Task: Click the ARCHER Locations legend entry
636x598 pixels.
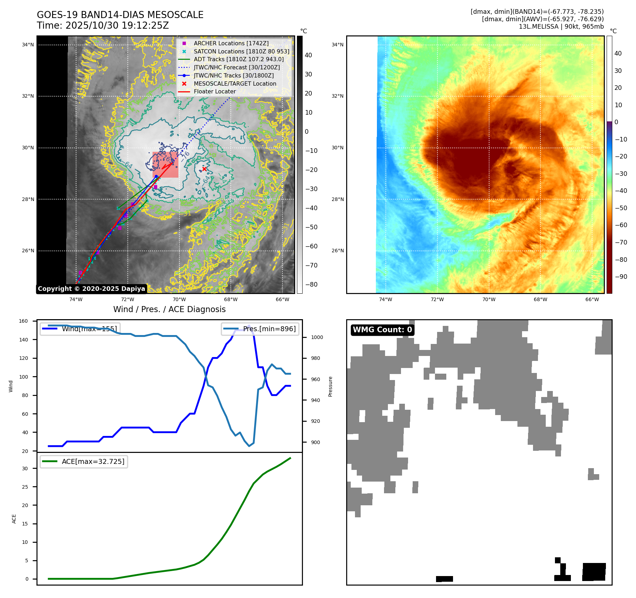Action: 231,43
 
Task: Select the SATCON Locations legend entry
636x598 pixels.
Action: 241,51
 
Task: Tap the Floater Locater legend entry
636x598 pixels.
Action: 214,91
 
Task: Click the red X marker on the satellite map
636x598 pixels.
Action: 204,169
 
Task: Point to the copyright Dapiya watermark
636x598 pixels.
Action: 91,289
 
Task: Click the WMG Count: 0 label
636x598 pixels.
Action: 382,330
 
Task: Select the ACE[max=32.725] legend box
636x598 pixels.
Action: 84,461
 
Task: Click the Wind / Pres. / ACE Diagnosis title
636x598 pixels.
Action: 169,309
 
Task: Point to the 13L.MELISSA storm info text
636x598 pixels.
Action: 561,27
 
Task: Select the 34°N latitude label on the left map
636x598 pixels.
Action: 28,45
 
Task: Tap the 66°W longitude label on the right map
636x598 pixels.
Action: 592,299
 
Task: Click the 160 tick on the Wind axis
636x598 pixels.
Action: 23,321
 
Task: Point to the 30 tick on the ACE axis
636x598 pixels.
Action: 25,468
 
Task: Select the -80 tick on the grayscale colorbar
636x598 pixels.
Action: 311,284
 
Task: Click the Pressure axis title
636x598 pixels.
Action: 330,386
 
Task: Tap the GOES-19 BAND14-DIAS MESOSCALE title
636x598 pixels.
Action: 120,15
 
